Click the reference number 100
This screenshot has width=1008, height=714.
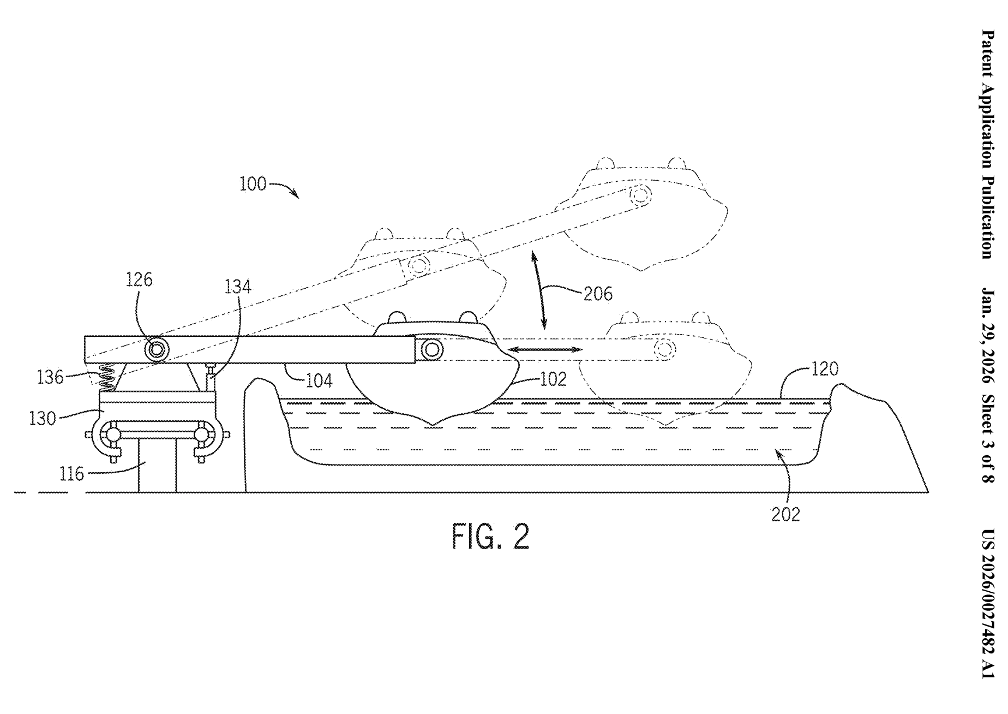tap(253, 184)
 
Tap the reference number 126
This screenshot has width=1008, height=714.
tap(140, 280)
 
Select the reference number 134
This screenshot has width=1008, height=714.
tap(238, 287)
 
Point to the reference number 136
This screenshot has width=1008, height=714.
tap(51, 377)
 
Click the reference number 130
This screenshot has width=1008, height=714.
tap(43, 419)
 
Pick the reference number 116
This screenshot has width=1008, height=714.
tap(72, 473)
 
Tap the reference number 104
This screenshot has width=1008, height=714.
tap(319, 380)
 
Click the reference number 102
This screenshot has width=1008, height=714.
tap(553, 379)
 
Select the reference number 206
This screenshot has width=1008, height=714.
tap(598, 294)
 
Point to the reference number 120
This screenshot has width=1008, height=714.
tap(824, 369)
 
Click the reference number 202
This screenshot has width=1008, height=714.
tap(785, 514)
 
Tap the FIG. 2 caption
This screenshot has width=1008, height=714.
tap(490, 537)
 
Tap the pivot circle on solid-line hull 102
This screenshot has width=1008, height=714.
tap(431, 349)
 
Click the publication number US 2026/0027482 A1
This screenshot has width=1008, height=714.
tap(988, 604)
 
